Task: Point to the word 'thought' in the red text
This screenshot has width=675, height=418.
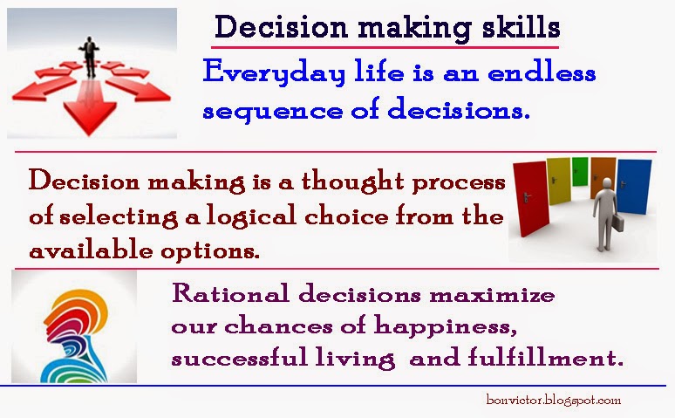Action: pos(353,182)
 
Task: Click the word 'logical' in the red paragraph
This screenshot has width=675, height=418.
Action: pos(251,216)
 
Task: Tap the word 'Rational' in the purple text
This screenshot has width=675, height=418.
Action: pos(230,293)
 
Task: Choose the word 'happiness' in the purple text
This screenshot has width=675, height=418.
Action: pos(445,326)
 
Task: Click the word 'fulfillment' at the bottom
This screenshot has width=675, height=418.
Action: pos(545,357)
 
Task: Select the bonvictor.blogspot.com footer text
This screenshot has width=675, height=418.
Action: pos(554,400)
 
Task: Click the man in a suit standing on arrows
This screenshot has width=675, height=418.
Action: pos(90,57)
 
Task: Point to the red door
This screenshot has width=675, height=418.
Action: pos(531,199)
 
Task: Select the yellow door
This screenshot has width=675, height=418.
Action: pos(558,181)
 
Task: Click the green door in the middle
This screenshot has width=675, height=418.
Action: pos(580,172)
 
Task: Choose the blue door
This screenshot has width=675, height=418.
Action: pos(634,186)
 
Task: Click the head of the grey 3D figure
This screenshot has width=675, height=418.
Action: pos(608,182)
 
